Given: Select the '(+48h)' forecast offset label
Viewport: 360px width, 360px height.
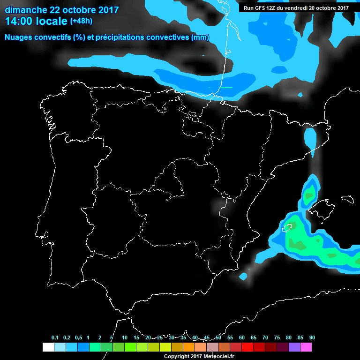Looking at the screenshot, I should (x=82, y=21).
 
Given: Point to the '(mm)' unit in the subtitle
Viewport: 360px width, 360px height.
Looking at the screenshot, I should (x=200, y=37).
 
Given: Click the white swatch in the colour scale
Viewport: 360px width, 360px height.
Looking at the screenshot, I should (x=48, y=347).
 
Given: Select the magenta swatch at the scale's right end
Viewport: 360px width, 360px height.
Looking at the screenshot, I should (x=306, y=347).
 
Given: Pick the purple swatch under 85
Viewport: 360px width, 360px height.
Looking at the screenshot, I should (x=294, y=347).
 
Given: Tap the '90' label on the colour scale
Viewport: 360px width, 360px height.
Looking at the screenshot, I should (x=312, y=338).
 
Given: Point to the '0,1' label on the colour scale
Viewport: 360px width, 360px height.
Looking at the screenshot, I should (x=55, y=338).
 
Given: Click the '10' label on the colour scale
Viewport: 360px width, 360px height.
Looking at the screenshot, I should (x=124, y=338).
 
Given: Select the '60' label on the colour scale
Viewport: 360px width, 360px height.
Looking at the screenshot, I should (x=241, y=338).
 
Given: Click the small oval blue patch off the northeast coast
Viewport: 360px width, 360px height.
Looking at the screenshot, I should (x=310, y=138).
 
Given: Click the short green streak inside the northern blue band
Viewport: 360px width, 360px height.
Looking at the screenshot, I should (x=226, y=87).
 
